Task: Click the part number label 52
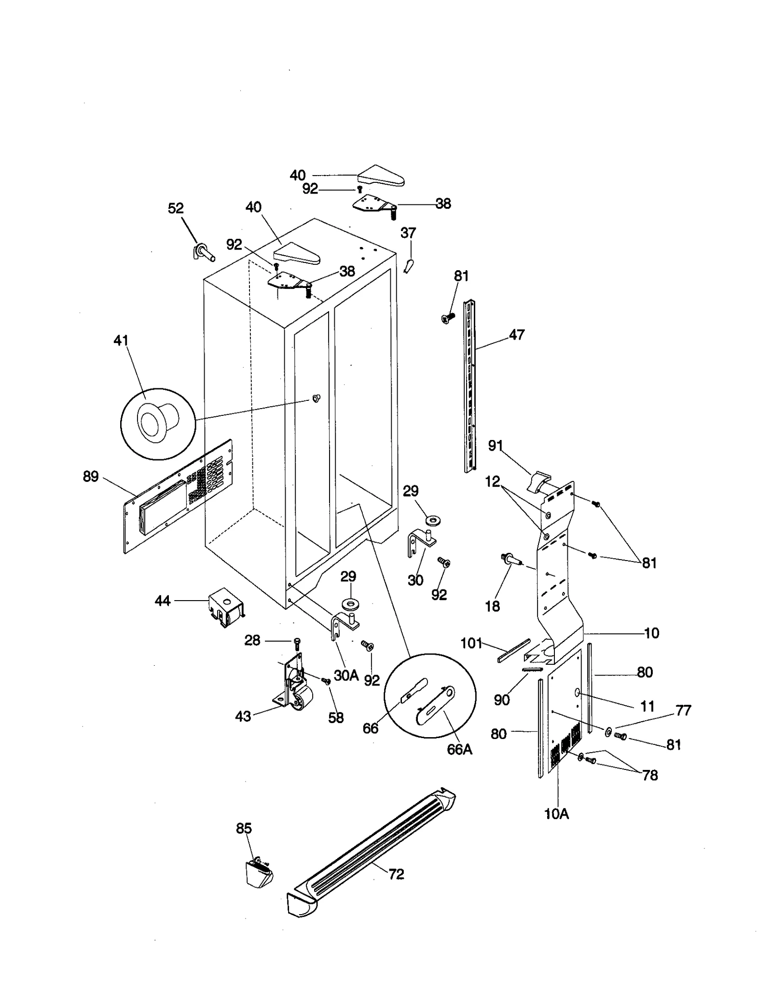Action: tap(176, 208)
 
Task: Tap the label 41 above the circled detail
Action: tap(121, 341)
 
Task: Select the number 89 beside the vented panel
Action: tap(91, 477)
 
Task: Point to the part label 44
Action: tap(163, 601)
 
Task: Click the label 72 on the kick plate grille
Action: tap(396, 874)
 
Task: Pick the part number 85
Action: tap(244, 828)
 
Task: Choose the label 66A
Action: tap(459, 749)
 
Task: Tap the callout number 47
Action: tap(517, 335)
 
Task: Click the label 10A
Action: tap(556, 814)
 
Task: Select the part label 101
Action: tap(471, 643)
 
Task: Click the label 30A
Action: tap(346, 675)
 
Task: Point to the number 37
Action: tap(408, 233)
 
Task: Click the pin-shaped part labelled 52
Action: tap(205, 252)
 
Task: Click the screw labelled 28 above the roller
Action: tap(297, 643)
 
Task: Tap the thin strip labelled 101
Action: tap(513, 651)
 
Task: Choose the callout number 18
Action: tap(492, 606)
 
